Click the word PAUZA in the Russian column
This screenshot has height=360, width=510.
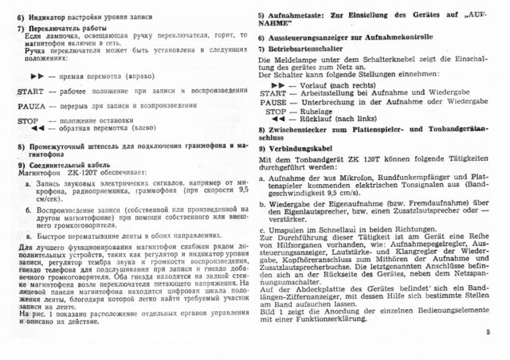pos(31,104)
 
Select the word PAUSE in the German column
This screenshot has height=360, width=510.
pos(276,102)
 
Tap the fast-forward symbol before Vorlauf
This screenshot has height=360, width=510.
pos(277,84)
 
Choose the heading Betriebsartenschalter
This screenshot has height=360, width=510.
pos(312,49)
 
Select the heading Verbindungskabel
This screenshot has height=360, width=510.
pos(307,149)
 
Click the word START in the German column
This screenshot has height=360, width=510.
pos(274,93)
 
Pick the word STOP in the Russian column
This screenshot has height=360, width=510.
pos(28,119)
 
